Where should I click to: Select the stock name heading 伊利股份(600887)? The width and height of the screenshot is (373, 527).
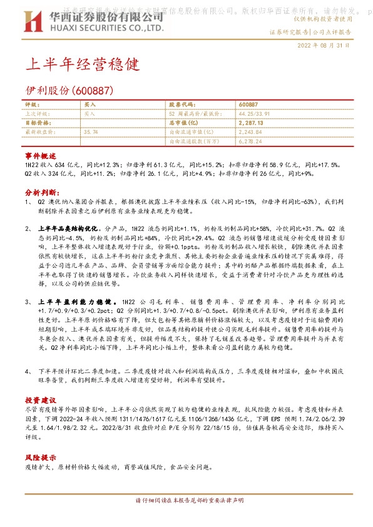click(69, 91)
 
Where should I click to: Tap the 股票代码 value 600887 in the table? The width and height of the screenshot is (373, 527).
click(248, 105)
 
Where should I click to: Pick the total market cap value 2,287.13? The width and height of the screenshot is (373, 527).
click(251, 123)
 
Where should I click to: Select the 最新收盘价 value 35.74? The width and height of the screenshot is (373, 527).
click(91, 132)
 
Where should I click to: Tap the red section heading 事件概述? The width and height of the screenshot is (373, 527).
click(41, 155)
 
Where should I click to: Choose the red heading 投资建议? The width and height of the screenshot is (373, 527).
click(41, 399)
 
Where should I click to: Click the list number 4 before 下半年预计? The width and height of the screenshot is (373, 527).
click(28, 372)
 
